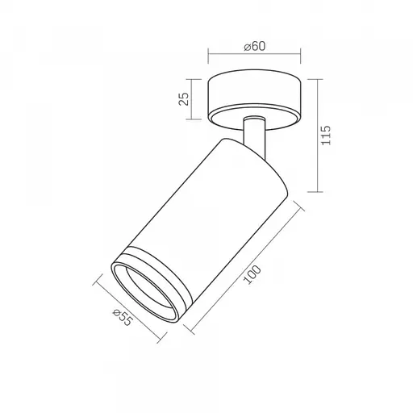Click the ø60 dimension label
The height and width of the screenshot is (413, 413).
point(254,46)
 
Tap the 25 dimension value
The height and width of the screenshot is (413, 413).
point(184,99)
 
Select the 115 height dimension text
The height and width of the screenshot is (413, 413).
point(326,136)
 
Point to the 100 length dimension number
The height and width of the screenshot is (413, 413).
point(252,274)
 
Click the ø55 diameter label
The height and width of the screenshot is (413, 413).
point(123,317)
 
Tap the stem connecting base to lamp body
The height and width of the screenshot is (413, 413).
point(255,135)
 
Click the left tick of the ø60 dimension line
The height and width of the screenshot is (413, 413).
point(208,56)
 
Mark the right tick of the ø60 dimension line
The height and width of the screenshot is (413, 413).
point(300,56)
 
